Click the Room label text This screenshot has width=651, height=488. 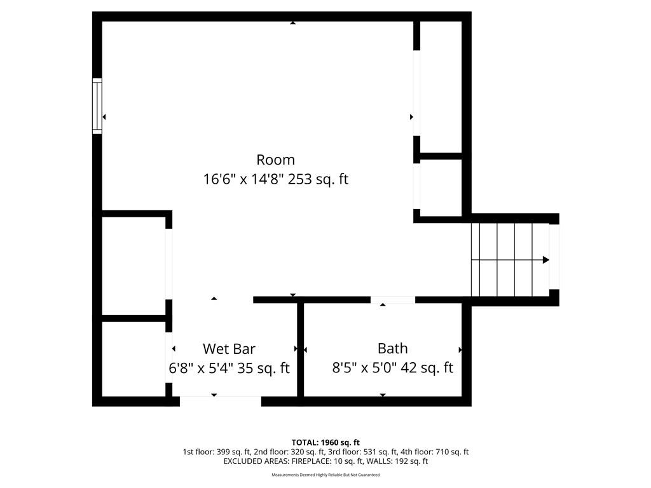276,159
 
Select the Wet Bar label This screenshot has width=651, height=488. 229,349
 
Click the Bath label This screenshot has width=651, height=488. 393,349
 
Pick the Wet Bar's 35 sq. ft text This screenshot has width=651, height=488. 263,368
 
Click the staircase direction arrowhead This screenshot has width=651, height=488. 546,260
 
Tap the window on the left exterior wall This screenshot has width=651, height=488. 97,106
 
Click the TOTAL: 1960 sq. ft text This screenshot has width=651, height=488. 325,442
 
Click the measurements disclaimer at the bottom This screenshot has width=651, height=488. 325,475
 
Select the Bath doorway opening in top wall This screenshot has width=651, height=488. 393,300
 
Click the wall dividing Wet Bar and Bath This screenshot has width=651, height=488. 301,349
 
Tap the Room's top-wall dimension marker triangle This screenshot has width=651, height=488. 292,23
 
